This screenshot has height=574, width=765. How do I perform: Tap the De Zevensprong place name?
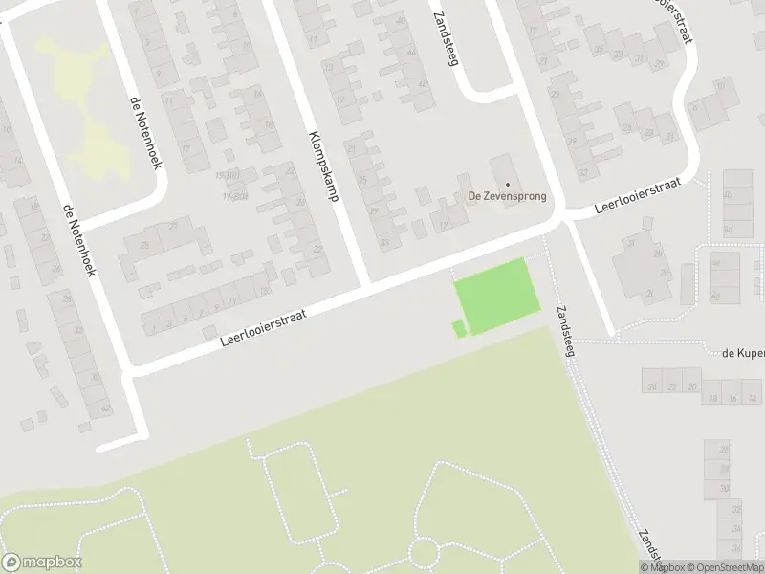[507, 197]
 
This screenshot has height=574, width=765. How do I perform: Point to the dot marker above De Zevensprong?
[507, 185]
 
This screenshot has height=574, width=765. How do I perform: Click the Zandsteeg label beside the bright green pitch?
[564, 332]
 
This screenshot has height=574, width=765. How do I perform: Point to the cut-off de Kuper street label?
[744, 353]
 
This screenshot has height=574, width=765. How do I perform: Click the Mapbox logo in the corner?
[42, 563]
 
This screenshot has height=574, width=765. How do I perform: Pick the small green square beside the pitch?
[459, 329]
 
